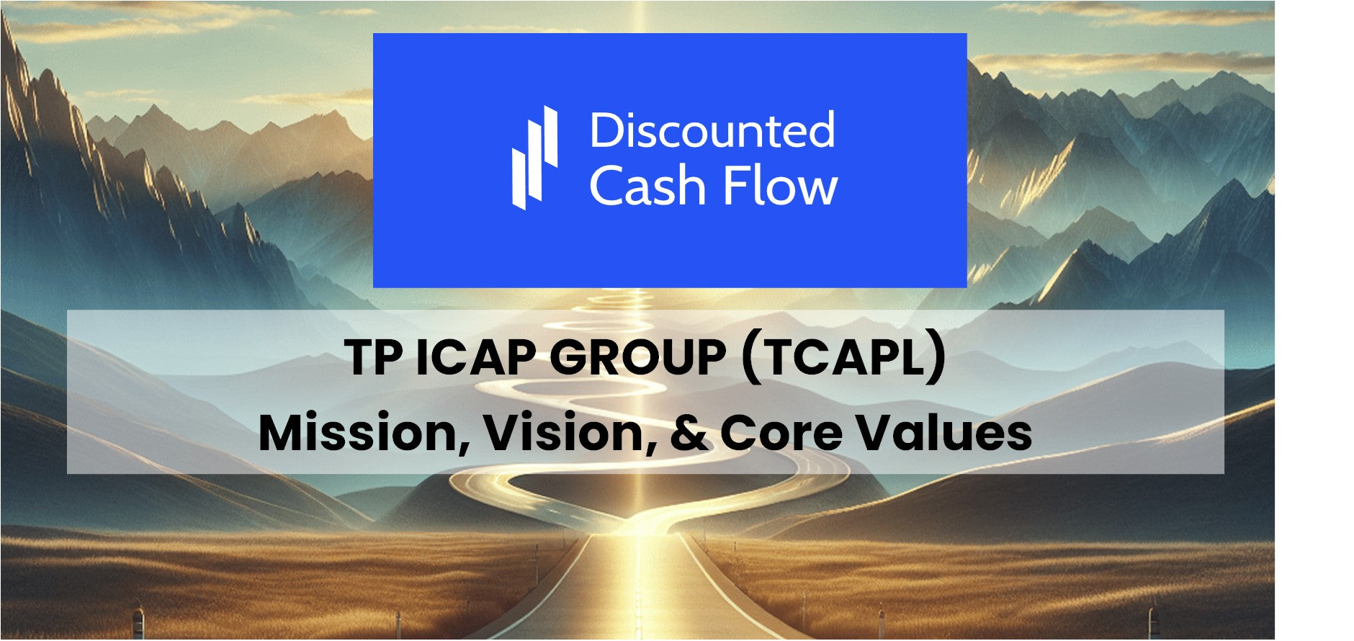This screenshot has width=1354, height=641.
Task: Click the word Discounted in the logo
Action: tap(712, 130)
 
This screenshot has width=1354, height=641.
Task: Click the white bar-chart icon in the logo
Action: tap(534, 158)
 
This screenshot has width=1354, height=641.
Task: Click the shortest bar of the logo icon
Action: tap(519, 179)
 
